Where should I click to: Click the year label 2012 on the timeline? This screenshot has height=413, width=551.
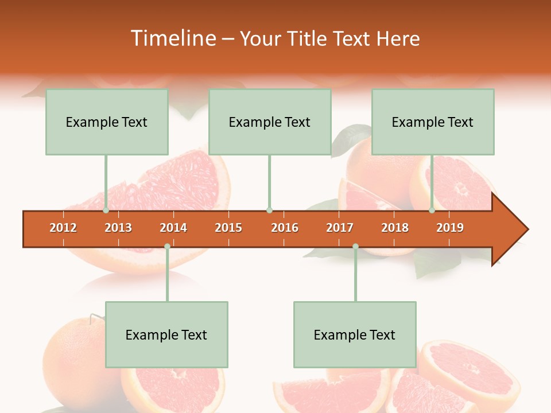63,228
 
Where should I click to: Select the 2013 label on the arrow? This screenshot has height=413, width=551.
118,228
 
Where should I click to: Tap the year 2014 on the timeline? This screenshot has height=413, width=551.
173,228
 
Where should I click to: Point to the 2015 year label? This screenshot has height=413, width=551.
228,228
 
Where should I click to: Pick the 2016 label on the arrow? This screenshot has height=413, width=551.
285,228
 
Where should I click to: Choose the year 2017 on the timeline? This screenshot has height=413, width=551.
340,228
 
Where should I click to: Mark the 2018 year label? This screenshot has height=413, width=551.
395,228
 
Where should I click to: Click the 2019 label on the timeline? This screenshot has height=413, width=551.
450,228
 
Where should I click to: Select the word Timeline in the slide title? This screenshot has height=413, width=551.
173,38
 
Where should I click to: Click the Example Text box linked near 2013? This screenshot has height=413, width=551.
107,122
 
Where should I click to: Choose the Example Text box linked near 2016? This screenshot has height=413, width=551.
270,122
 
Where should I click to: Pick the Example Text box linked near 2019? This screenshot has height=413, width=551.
433,122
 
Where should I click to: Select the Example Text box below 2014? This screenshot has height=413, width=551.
166,334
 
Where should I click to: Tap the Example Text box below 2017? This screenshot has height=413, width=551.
355,334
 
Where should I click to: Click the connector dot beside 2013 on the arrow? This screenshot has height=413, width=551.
106,211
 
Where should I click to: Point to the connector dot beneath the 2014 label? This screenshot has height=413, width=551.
167,246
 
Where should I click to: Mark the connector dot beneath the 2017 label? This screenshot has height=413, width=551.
355,246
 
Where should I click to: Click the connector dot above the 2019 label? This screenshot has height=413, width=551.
432,211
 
